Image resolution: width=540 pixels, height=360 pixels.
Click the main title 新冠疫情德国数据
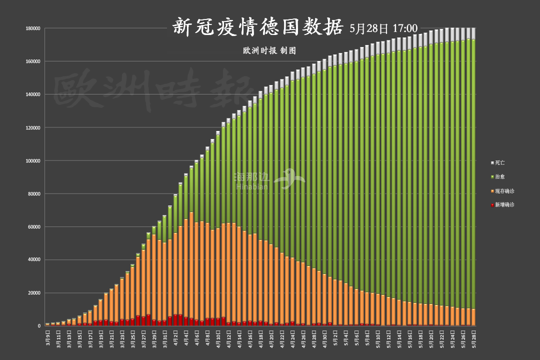[x=258, y=27]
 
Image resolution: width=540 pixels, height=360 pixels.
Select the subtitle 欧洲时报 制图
[x=269, y=50]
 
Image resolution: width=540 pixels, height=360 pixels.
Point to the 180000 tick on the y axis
[x=33, y=28]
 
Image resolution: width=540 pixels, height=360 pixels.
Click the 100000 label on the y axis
[x=33, y=160]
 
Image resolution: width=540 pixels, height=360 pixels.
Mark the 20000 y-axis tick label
[x=34, y=293]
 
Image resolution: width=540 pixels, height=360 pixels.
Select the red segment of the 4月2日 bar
[x=175, y=320]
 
